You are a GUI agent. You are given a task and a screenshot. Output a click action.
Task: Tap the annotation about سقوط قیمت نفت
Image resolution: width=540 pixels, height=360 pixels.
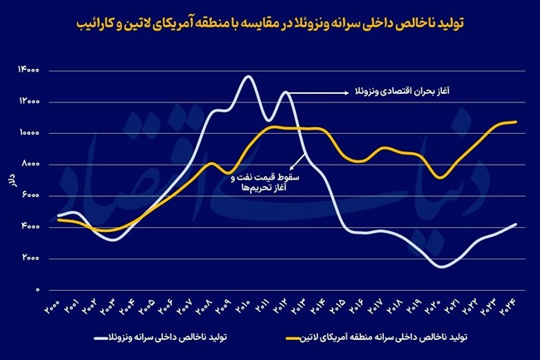(x=266, y=183)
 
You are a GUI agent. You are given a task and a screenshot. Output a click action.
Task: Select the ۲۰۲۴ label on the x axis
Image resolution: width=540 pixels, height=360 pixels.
(x=512, y=309)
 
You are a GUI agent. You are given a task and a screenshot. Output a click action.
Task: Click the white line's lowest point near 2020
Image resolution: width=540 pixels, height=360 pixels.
(x=442, y=267)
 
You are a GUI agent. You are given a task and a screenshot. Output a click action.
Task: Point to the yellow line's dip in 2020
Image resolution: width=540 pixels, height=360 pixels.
(x=443, y=177)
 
